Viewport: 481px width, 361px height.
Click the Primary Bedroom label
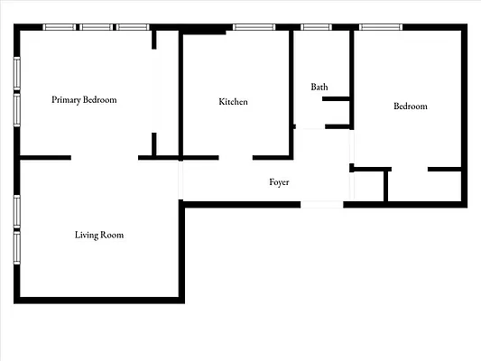[84, 99]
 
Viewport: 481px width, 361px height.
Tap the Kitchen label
[233, 102]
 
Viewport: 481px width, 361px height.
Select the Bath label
[319, 87]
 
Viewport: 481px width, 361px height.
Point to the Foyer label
[279, 182]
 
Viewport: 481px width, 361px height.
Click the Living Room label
[99, 236]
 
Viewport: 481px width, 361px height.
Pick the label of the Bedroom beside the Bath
[410, 106]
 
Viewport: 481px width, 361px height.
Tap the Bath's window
[316, 27]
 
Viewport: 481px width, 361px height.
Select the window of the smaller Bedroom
[381, 27]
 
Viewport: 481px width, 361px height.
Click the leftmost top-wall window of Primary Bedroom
[60, 27]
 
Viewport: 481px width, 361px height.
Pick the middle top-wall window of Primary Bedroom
[96, 27]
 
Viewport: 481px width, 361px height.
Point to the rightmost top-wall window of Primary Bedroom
[132, 27]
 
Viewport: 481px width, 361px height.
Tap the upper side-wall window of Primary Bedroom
[16, 75]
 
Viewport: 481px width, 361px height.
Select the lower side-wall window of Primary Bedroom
[16, 110]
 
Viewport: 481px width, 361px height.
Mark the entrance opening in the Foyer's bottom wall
[321, 204]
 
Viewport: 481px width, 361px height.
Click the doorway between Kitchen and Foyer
[236, 158]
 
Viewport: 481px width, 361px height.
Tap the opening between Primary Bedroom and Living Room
[104, 158]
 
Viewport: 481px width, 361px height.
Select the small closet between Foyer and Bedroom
[370, 186]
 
